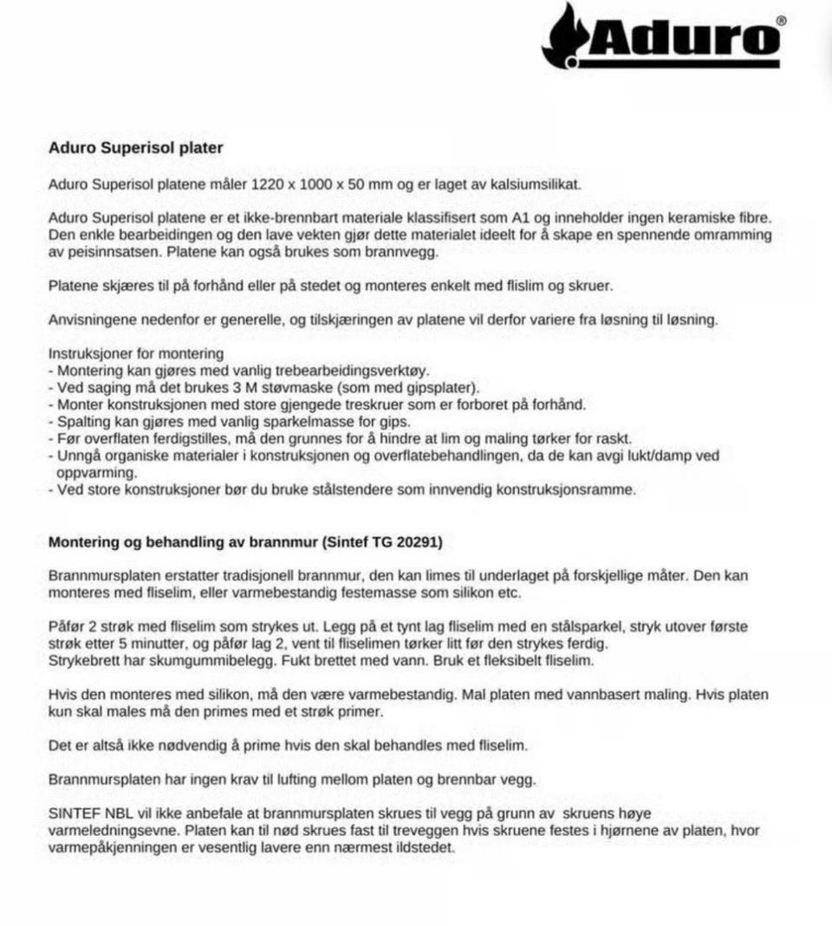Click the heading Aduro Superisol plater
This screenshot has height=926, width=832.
(135, 148)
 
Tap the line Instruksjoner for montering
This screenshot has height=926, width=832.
(136, 353)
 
